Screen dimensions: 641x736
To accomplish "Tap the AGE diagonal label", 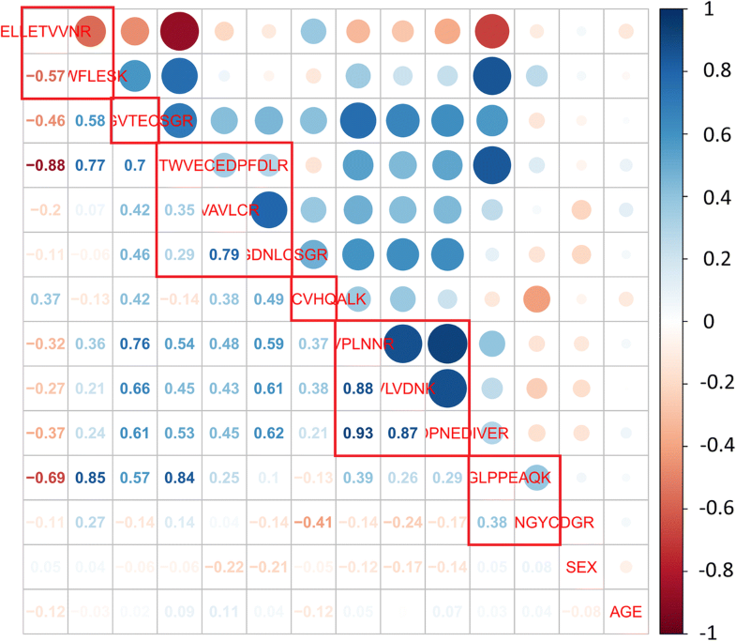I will coord(626,612).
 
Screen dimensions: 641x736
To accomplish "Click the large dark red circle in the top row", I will coord(178,32).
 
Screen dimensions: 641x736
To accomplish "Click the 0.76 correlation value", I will coord(133,344).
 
